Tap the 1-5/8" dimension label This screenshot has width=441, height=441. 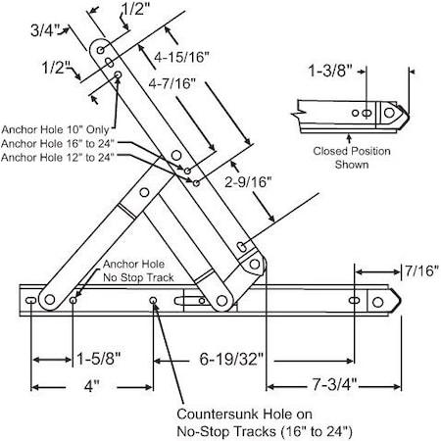click(x=95, y=359)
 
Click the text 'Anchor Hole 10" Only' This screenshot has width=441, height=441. click(x=57, y=129)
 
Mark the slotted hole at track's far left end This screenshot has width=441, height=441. click(x=33, y=300)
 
